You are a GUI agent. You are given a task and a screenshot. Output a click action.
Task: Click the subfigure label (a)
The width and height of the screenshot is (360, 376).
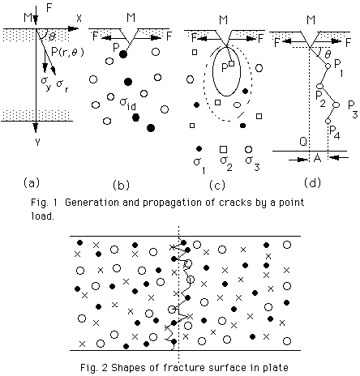[32, 183]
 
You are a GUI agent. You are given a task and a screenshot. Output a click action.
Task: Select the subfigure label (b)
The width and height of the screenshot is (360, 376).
[121, 185]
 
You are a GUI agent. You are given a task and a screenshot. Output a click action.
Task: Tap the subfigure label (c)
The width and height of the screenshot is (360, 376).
[217, 185]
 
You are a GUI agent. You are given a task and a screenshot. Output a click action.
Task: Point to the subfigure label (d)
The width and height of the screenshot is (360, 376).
[312, 183]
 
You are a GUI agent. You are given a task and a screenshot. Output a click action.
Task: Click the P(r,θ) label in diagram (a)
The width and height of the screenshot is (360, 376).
[67, 51]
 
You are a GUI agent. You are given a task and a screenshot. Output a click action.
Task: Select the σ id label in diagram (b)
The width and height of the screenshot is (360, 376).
[128, 104]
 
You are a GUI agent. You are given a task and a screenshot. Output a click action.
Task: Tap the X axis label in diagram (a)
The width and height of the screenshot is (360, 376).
[79, 19]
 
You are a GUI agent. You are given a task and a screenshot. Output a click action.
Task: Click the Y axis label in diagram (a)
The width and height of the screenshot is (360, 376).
[37, 142]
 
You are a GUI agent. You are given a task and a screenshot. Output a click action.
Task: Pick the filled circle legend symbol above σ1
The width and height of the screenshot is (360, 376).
[199, 148]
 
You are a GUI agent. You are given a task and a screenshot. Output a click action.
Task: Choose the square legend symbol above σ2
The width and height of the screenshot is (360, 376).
[223, 149]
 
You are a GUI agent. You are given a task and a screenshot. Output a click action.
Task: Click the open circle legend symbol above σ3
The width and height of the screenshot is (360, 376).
[248, 150]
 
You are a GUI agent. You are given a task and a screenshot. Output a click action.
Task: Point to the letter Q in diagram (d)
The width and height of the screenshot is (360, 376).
[303, 141]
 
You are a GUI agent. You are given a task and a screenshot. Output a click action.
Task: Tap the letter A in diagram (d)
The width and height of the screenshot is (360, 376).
[317, 158]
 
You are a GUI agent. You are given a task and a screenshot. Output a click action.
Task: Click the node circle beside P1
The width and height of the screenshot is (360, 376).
[328, 66]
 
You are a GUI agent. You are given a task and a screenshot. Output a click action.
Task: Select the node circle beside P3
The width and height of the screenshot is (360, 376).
[336, 105]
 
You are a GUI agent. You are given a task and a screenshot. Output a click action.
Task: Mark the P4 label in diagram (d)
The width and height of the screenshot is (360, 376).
[335, 132]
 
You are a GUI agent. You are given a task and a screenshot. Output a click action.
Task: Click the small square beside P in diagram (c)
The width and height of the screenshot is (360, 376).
[232, 63]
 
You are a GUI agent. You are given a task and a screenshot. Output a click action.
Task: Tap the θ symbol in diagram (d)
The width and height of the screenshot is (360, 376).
[328, 54]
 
